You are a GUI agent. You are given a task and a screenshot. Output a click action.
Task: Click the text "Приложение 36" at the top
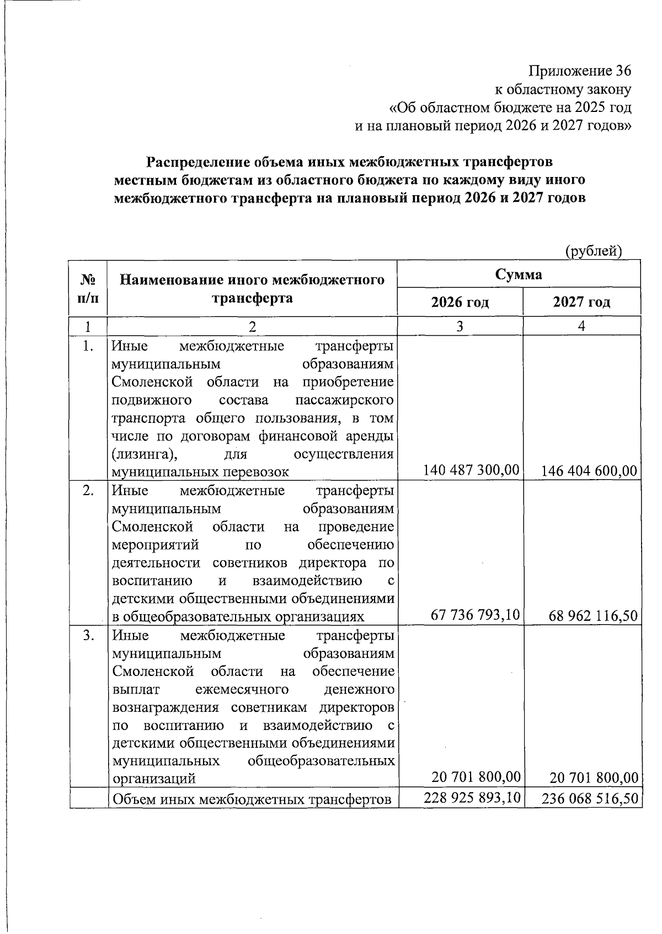pyautogui.click(x=579, y=71)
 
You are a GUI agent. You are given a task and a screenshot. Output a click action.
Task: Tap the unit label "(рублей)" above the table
pyautogui.click(x=594, y=251)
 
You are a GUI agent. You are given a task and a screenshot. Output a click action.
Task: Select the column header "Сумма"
pyautogui.click(x=518, y=274)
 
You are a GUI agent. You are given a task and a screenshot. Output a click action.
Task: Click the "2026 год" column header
pyautogui.click(x=460, y=302)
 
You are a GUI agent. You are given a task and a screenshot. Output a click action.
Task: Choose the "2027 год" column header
pyautogui.click(x=581, y=302)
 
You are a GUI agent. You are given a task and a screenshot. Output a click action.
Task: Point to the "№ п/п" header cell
pyautogui.click(x=88, y=288)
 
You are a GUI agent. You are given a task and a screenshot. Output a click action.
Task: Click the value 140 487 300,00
pyautogui.click(x=471, y=470)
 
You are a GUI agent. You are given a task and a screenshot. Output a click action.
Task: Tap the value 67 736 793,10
pyautogui.click(x=475, y=614)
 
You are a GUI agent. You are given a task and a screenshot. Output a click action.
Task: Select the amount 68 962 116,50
pyautogui.click(x=593, y=615)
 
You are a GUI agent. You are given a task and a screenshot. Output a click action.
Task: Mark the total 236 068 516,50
pyautogui.click(x=590, y=798)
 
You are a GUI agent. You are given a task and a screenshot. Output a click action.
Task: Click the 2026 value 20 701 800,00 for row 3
pyautogui.click(x=476, y=777)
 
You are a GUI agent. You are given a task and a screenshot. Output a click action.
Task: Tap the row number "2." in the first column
pyautogui.click(x=88, y=490)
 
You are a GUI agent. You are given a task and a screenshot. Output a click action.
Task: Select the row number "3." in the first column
pyautogui.click(x=88, y=635)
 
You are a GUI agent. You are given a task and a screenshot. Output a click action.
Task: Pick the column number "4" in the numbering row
pyautogui.click(x=581, y=326)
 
